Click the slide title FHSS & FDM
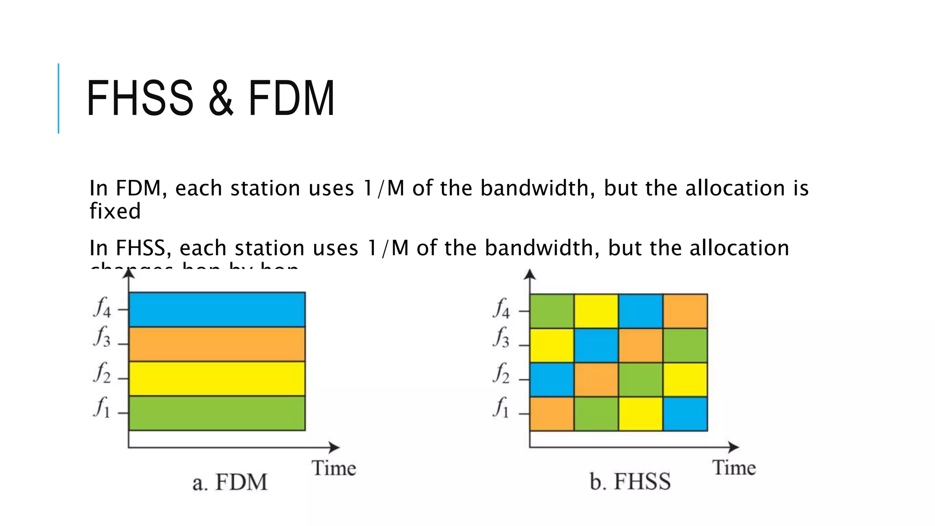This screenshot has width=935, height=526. (x=210, y=98)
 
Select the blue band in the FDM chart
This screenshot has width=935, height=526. (x=217, y=310)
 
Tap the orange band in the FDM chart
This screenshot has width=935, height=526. (x=217, y=344)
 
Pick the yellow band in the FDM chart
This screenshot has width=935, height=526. (x=217, y=379)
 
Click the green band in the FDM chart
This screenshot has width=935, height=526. (x=217, y=413)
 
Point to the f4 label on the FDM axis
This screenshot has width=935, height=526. (x=102, y=307)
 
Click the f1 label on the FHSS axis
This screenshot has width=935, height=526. (x=501, y=407)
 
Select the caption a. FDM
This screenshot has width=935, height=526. (x=230, y=483)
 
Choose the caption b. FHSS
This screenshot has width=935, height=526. (x=630, y=482)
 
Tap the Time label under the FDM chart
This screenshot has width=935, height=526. (x=334, y=468)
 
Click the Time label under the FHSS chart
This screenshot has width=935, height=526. (x=734, y=468)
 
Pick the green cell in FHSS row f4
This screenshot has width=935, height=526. (x=552, y=311)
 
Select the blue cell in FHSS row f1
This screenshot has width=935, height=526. (x=685, y=414)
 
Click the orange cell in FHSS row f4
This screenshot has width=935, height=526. (x=685, y=311)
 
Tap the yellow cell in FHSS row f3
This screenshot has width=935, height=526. (x=552, y=346)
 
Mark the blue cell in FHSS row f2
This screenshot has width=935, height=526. (x=552, y=380)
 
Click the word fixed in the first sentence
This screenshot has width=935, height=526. (x=115, y=211)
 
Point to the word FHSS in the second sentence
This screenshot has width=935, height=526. (x=140, y=248)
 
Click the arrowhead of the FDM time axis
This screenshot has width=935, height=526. (x=335, y=447)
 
